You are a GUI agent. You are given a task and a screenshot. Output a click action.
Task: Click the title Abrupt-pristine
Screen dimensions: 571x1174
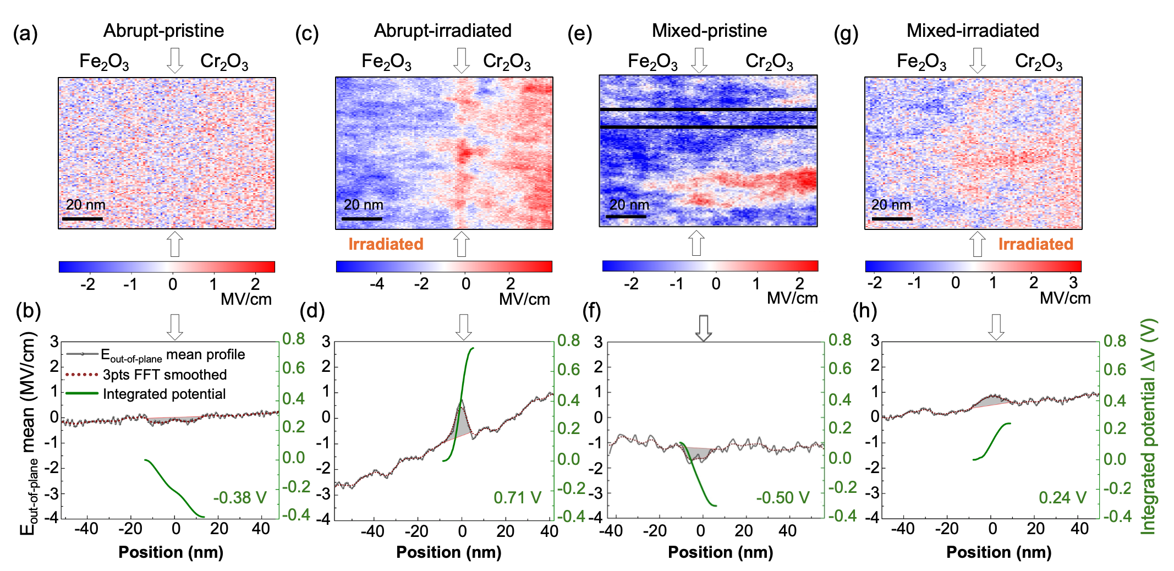pos(163,31)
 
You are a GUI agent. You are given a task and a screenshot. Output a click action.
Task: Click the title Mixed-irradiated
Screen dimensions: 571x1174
pos(972,31)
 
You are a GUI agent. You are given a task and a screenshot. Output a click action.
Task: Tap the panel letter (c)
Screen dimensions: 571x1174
pos(306,34)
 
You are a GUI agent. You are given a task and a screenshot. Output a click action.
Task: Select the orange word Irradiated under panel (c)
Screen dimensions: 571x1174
pos(386,244)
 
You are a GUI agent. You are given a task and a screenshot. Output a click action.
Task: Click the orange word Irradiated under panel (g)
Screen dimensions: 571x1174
pos(1035,244)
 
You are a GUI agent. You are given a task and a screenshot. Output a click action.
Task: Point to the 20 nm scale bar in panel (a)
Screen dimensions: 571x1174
pos(83,219)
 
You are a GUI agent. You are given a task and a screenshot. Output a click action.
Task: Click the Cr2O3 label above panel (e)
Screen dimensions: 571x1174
pos(769,62)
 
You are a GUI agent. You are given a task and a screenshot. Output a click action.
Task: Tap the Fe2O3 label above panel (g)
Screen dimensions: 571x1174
pos(921,62)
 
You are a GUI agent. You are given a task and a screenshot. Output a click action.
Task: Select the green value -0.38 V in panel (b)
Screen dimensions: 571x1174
pos(240,498)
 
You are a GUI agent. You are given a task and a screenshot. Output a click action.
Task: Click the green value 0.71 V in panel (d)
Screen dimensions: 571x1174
pos(517,498)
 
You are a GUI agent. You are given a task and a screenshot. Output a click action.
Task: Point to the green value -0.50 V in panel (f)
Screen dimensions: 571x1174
pos(782,498)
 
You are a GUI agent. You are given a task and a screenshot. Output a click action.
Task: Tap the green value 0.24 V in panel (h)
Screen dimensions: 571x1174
pos(1062,498)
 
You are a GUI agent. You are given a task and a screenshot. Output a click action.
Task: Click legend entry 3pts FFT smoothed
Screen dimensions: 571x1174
pos(164,375)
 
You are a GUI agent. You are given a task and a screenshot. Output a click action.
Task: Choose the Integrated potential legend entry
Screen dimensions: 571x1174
pos(164,394)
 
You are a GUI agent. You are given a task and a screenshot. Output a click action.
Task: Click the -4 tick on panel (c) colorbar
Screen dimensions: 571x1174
pos(376,284)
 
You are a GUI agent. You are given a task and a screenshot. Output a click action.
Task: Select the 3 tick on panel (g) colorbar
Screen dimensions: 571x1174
pos(1073,283)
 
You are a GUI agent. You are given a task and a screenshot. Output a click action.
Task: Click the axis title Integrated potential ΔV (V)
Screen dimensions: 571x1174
pos(1149,426)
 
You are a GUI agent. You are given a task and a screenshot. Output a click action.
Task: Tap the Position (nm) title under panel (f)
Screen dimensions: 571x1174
pos(720,552)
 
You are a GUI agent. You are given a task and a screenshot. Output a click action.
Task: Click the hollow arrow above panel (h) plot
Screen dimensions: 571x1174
pos(996,327)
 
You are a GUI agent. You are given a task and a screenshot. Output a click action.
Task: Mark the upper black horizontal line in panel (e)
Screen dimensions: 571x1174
pos(708,109)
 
